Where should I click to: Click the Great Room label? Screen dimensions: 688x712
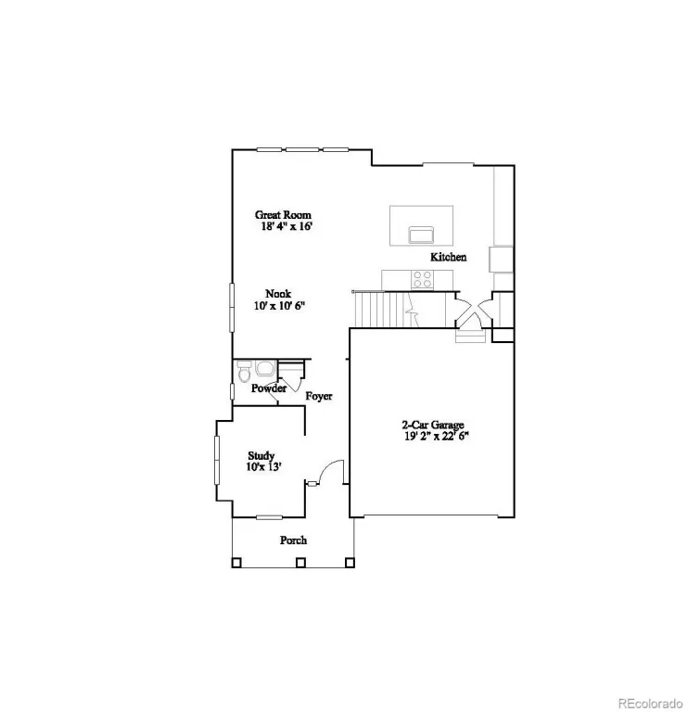click(x=283, y=215)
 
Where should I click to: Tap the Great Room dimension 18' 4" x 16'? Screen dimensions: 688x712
click(x=287, y=226)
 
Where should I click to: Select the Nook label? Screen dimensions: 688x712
click(x=278, y=294)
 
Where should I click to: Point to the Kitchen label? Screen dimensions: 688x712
click(x=448, y=257)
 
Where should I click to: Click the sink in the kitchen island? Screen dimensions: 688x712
click(x=421, y=235)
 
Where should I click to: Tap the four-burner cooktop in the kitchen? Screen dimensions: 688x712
click(x=422, y=279)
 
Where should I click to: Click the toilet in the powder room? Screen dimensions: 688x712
click(x=244, y=372)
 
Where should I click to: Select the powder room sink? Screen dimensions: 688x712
click(x=264, y=368)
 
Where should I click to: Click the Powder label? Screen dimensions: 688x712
click(x=269, y=388)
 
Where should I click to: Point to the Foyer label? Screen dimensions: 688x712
click(x=319, y=397)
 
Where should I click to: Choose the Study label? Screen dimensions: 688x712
click(x=261, y=455)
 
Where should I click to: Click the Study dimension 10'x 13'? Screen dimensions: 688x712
click(x=264, y=467)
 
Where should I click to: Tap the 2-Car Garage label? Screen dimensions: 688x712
click(x=433, y=425)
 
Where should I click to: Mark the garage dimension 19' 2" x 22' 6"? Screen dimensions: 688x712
click(x=437, y=437)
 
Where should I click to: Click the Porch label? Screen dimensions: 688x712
click(x=293, y=540)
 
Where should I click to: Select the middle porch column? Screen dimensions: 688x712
click(x=300, y=563)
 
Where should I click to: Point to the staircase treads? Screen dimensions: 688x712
click(x=384, y=310)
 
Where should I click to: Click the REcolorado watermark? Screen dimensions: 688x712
click(x=651, y=704)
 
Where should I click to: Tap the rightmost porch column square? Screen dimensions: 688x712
click(x=350, y=563)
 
